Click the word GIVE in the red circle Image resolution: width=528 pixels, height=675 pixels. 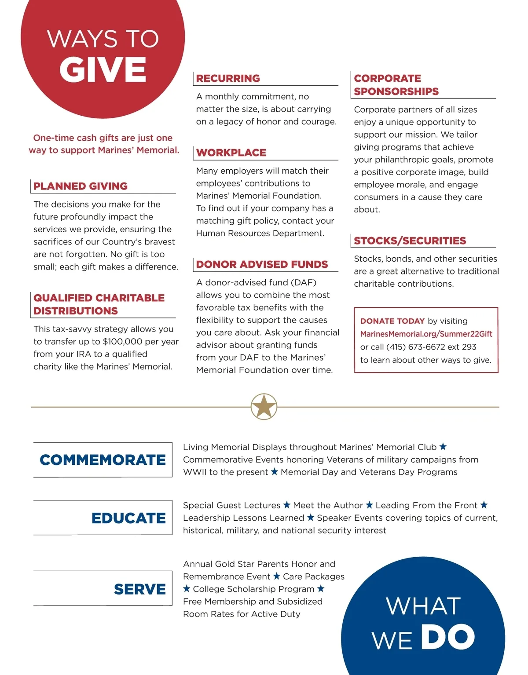(103, 70)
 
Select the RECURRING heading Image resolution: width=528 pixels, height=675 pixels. (228, 78)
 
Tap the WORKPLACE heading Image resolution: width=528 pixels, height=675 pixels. (231, 153)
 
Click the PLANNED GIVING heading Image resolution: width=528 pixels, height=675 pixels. (81, 186)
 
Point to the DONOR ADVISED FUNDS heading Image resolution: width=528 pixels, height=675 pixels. (262, 264)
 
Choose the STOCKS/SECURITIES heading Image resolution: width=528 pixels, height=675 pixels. (410, 241)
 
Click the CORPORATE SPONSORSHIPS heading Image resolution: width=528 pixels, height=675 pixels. (396, 85)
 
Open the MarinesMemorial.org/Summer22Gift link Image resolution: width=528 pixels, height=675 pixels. (426, 334)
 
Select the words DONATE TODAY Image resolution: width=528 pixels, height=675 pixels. (392, 321)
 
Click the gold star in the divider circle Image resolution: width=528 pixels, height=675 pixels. (264, 406)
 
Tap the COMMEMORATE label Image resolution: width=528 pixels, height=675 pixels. (103, 460)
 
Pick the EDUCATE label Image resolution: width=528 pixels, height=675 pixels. (128, 518)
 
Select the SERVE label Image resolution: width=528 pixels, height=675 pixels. (140, 589)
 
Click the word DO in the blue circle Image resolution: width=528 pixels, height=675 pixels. (448, 637)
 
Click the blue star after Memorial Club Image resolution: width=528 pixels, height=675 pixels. (443, 447)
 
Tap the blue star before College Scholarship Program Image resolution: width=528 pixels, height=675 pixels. (187, 588)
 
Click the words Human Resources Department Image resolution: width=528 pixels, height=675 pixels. (260, 233)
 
